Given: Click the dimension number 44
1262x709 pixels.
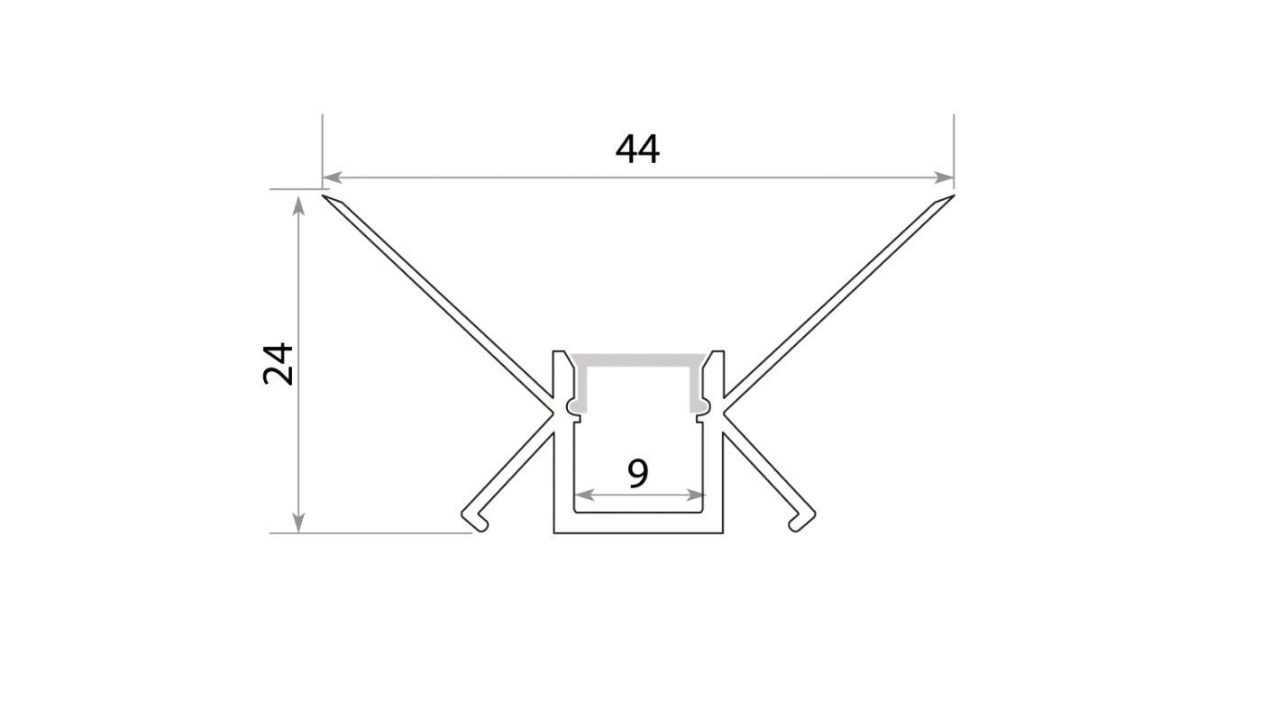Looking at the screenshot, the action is point(637,150).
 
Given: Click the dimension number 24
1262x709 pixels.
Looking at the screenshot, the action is point(279,364).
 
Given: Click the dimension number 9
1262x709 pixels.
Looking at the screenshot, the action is point(638,473).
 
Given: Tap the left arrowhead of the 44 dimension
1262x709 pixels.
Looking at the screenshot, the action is point(333,177).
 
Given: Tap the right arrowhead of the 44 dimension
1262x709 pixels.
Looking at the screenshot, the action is point(944,177).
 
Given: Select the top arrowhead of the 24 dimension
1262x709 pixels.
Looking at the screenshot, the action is point(298,205).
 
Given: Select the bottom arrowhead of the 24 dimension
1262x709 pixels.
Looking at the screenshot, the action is point(298,523).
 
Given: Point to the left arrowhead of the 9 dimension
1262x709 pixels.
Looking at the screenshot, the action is point(585,495).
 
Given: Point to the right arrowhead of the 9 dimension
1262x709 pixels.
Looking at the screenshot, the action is point(695,495).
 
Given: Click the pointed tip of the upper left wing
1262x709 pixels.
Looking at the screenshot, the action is point(323,196).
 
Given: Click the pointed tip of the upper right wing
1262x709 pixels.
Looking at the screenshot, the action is point(954,196).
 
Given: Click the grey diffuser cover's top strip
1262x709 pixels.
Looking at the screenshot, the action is point(638,359).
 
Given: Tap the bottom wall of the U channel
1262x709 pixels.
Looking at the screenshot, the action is point(638,523).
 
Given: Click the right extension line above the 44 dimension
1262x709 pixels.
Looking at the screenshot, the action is point(954,152).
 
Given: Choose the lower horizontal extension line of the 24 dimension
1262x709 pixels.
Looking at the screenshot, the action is point(370,532).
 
